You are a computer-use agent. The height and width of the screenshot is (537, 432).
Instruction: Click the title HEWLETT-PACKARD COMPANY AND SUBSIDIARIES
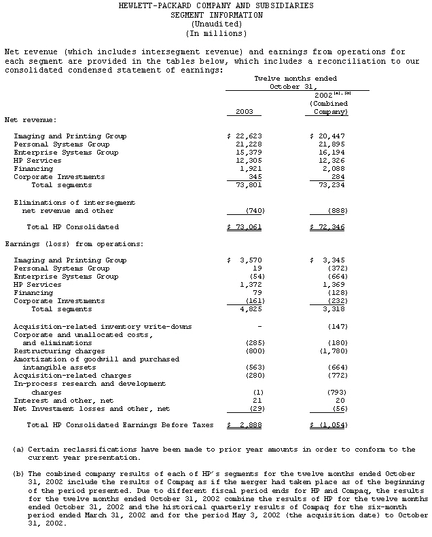click(x=216, y=5)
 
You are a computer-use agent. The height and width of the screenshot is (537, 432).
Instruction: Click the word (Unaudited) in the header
click(x=215, y=24)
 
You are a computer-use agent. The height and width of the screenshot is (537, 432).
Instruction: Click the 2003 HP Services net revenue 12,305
click(x=249, y=161)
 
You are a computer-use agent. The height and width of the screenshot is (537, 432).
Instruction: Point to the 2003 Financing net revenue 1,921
click(x=251, y=169)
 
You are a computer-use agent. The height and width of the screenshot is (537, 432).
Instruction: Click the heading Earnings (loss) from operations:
click(x=65, y=243)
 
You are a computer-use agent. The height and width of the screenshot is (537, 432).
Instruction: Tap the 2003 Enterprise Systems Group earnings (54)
click(x=255, y=277)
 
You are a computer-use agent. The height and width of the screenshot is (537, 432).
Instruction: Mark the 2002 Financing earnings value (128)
click(x=336, y=293)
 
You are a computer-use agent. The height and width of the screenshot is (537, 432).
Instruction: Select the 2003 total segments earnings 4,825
click(x=251, y=309)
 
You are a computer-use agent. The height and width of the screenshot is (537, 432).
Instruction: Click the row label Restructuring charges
click(x=59, y=351)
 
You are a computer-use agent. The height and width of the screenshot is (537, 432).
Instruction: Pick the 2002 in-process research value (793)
click(x=336, y=393)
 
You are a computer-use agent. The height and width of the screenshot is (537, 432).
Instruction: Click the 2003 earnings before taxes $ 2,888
click(x=245, y=425)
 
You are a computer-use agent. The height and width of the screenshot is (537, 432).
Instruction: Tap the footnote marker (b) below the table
click(x=18, y=474)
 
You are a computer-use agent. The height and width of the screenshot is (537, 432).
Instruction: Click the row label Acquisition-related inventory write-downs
click(x=103, y=326)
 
